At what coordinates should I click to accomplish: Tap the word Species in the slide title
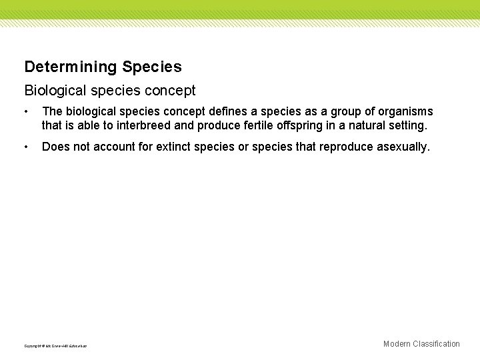[152, 67]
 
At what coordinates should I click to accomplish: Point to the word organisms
[403, 111]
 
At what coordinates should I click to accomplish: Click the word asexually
[403, 146]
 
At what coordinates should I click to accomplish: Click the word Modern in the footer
[397, 344]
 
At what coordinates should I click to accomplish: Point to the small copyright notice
[55, 345]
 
